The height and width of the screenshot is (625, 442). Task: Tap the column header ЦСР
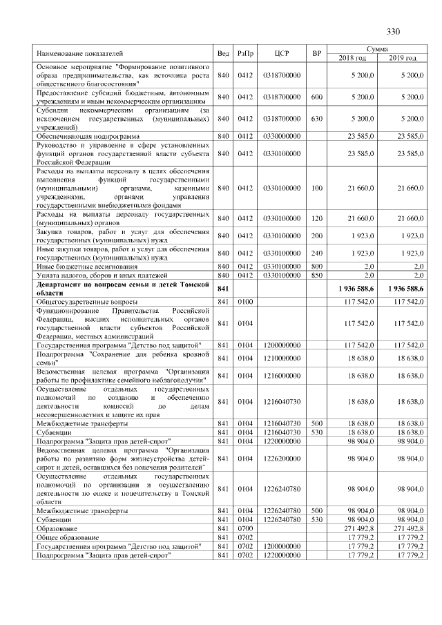click(281, 53)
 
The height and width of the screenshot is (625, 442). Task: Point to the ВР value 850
click(317, 276)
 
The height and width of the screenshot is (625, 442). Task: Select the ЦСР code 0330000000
click(281, 137)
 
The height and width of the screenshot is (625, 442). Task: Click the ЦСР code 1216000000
click(281, 376)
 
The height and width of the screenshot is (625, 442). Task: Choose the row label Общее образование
click(67, 537)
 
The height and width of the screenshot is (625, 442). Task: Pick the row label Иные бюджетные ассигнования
click(86, 267)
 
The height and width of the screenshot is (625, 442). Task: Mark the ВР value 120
click(317, 218)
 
